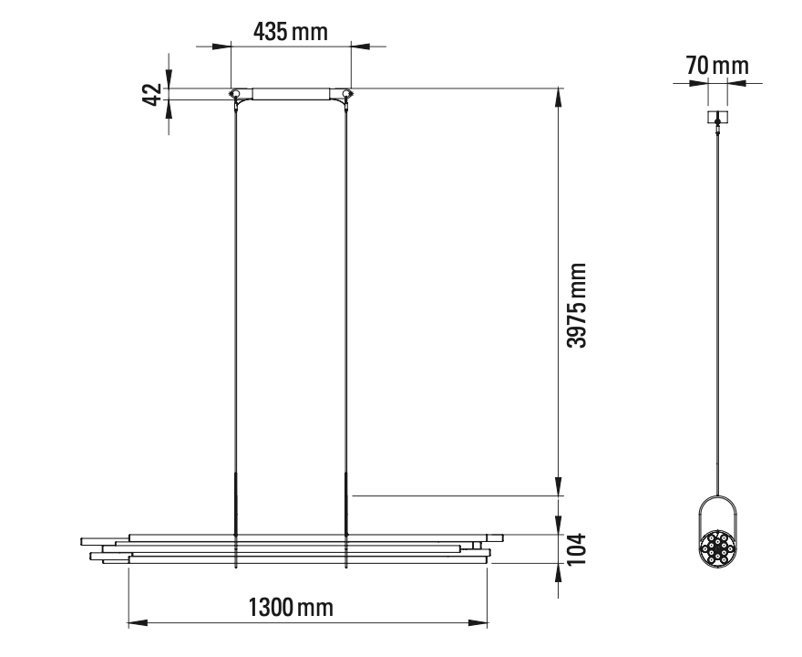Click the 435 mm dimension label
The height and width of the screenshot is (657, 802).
[x=290, y=31]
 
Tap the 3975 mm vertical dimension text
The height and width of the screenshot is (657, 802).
[x=575, y=306]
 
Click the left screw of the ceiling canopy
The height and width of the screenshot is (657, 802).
[x=235, y=93]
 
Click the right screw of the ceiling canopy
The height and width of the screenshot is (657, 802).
[x=345, y=93]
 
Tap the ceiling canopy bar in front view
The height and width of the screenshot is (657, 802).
[x=290, y=93]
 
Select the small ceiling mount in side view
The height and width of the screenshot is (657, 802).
[x=718, y=117]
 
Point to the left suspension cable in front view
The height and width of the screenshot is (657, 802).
[x=236, y=292]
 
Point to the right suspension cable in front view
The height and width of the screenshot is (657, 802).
[x=346, y=292]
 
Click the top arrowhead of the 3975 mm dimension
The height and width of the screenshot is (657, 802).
[x=557, y=95]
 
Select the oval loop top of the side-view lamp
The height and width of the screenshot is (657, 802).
[x=717, y=499]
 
